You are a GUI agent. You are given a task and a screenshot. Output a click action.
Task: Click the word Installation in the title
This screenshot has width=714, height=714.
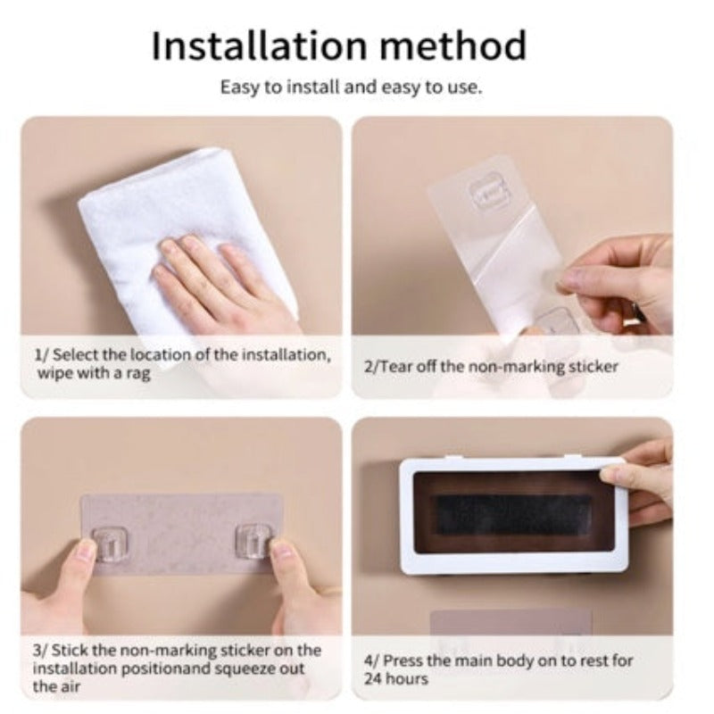(x=259, y=46)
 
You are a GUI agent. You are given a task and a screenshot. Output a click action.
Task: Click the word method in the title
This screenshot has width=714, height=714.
(x=453, y=46)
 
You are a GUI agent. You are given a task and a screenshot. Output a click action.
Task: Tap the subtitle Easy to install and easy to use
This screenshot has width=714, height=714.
(x=351, y=87)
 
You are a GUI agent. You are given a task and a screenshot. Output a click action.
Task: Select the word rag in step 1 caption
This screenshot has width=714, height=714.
(x=138, y=374)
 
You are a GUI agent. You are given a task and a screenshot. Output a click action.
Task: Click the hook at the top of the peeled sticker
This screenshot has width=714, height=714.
(x=488, y=195)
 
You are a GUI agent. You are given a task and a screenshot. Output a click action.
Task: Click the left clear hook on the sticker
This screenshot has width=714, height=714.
(x=110, y=544)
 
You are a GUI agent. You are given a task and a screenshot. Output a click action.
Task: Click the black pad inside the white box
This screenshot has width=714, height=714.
(x=513, y=515)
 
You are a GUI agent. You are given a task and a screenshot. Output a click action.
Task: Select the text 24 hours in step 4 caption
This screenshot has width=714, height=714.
(x=396, y=678)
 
